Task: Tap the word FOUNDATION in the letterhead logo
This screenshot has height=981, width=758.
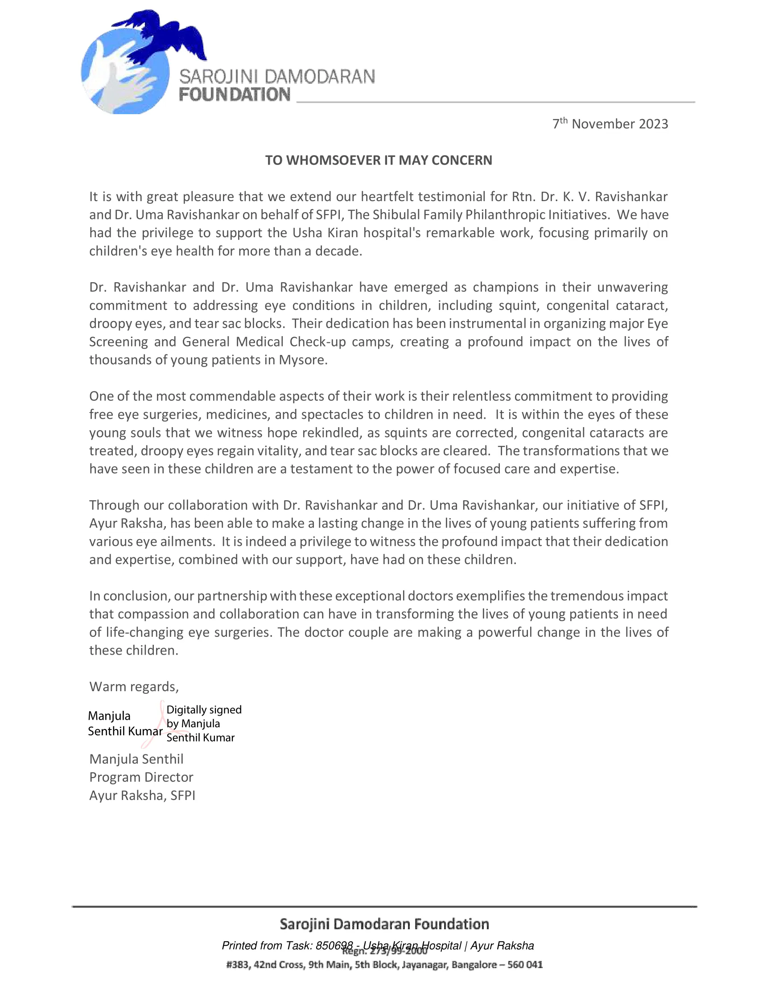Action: (x=235, y=95)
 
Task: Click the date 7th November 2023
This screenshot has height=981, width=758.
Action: (x=610, y=124)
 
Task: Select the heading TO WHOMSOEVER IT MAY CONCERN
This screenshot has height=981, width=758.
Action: (x=379, y=161)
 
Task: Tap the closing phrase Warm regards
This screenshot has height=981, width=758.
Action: (x=134, y=687)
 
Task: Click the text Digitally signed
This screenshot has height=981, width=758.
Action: (x=204, y=710)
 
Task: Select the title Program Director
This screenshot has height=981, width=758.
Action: (x=141, y=778)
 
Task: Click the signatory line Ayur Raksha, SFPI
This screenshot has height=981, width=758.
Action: (x=142, y=796)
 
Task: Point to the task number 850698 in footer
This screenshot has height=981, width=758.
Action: (x=334, y=945)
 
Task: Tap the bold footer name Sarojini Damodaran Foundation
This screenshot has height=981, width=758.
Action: (x=384, y=924)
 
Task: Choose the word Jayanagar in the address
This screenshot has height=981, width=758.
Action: (x=424, y=965)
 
